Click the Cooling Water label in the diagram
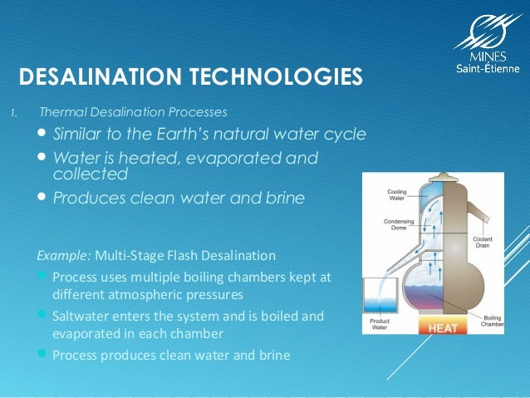click(397, 196)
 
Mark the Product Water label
click(379, 324)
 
